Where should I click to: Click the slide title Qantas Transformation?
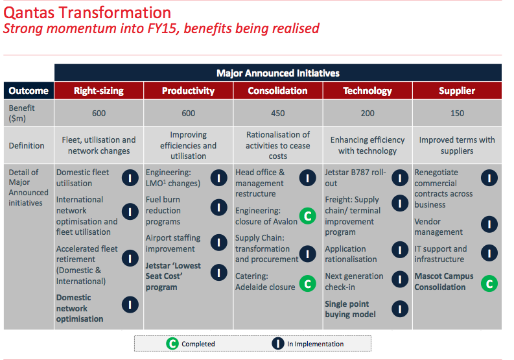(x=88, y=12)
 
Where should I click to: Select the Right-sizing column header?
(x=99, y=91)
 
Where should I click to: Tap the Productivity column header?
(x=188, y=91)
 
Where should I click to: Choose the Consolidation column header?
(x=277, y=91)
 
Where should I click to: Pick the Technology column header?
(x=368, y=91)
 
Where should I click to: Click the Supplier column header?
(x=456, y=91)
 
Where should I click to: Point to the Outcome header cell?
(x=29, y=91)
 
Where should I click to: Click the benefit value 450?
(x=277, y=114)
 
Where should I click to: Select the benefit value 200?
(x=368, y=114)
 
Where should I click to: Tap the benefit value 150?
(x=456, y=114)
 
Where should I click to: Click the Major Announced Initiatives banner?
(x=277, y=73)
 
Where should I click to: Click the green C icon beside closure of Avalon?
(x=307, y=216)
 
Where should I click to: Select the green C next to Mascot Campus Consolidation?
(x=489, y=282)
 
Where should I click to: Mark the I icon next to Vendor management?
(x=489, y=225)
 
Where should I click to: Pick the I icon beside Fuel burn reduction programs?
(x=219, y=208)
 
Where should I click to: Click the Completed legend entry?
(x=191, y=344)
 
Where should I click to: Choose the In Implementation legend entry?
(x=309, y=344)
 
